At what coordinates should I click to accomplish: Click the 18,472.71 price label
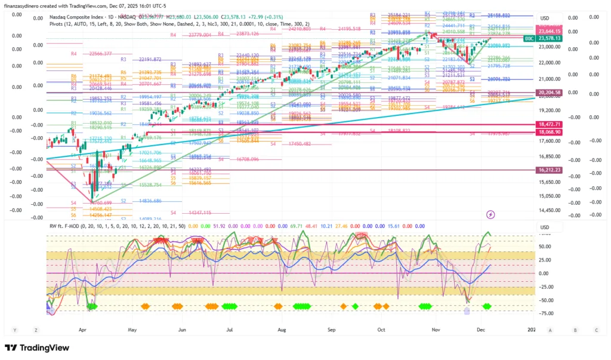pyautogui.click(x=550, y=124)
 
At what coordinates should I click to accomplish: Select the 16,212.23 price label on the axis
pyautogui.click(x=550, y=170)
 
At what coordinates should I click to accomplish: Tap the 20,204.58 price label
pyautogui.click(x=550, y=93)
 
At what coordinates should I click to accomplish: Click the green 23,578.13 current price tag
pyautogui.click(x=550, y=38)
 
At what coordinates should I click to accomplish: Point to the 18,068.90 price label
pyautogui.click(x=550, y=131)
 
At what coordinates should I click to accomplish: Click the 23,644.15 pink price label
pyautogui.click(x=550, y=31)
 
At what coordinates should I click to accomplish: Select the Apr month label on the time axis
pyautogui.click(x=82, y=330)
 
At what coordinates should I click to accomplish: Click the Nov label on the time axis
pyautogui.click(x=436, y=330)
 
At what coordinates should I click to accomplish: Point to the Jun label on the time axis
pyautogui.click(x=182, y=330)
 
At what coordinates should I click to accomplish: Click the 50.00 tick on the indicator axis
pyautogui.click(x=544, y=246)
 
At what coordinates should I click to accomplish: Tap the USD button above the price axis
pyautogui.click(x=544, y=18)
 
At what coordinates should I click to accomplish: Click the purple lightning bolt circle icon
pyautogui.click(x=490, y=214)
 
